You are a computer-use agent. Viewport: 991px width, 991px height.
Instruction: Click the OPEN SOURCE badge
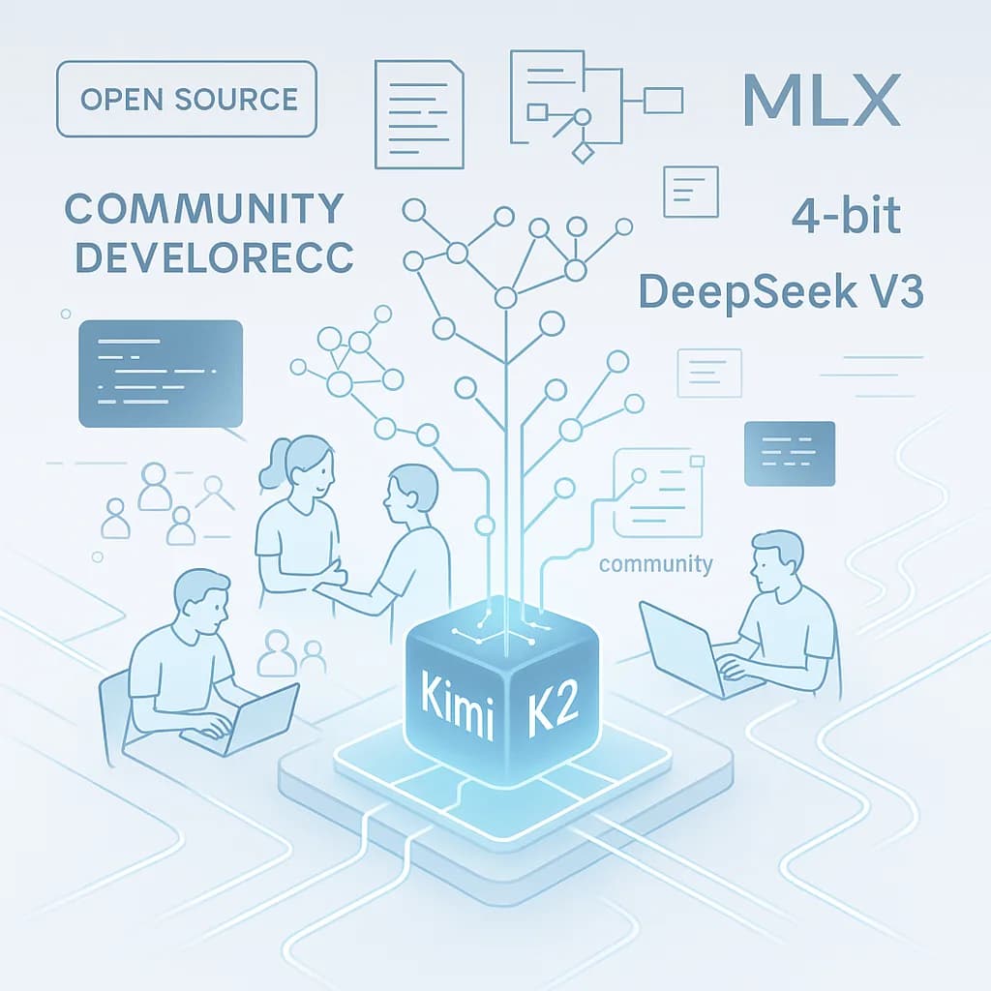pos(187,98)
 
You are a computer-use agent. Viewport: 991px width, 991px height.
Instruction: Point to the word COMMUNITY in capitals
pos(204,207)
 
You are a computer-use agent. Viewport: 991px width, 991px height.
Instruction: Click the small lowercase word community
pos(656,564)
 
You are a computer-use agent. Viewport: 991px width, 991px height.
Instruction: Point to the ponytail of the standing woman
pos(273,464)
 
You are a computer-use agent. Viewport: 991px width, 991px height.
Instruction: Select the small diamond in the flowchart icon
pos(582,152)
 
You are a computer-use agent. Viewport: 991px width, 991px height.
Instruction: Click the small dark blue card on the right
pos(789,453)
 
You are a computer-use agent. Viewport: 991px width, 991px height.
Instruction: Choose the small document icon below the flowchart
pos(691,191)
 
